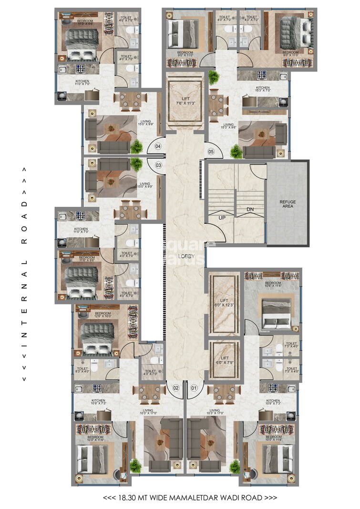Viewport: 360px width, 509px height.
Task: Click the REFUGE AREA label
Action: click(x=288, y=204)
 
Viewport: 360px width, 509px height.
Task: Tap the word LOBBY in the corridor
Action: click(x=185, y=256)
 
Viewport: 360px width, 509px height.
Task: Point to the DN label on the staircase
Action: click(x=250, y=209)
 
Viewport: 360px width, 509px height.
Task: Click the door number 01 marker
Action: click(x=194, y=388)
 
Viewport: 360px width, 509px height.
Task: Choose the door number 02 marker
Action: click(x=175, y=388)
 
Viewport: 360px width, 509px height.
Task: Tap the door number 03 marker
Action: click(x=159, y=165)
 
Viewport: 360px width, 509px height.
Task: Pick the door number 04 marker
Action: click(x=159, y=146)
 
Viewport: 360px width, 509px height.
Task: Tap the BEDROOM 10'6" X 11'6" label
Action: click(x=273, y=284)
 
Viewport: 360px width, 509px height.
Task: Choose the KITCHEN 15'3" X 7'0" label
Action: click(x=262, y=90)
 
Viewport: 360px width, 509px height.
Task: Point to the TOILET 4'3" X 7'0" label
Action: click(x=150, y=373)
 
